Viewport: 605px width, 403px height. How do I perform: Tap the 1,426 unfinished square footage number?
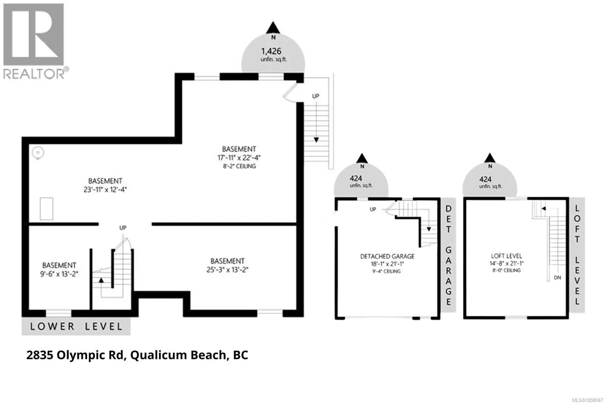271,51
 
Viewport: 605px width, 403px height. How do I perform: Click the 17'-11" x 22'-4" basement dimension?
239,158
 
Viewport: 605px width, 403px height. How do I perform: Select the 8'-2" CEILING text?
239,166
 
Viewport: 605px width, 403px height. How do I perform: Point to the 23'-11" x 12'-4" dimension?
105,189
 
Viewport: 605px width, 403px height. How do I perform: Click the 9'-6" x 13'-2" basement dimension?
59,274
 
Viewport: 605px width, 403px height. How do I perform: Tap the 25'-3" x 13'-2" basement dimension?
227,270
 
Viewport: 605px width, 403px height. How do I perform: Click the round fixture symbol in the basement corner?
38,153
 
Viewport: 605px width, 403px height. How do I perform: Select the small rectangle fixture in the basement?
47,209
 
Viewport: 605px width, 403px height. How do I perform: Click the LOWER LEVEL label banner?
76,326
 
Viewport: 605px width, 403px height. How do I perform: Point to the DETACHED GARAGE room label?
387,256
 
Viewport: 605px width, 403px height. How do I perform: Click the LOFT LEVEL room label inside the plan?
506,256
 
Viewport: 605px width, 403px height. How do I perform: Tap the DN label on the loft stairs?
557,277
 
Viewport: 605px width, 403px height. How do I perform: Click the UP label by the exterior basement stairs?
315,96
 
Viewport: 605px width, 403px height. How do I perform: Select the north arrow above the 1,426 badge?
273,28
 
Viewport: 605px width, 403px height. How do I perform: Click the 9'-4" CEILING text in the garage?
386,271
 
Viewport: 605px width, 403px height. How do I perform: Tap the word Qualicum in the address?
158,355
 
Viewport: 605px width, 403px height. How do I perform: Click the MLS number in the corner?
587,400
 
